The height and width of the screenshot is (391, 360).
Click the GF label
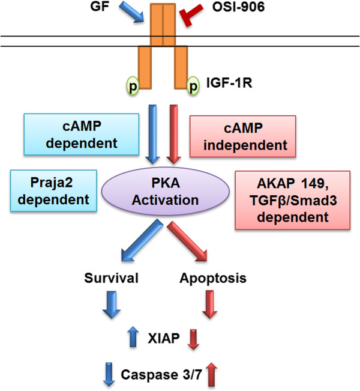click(x=100, y=6)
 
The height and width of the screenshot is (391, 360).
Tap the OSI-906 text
click(x=238, y=7)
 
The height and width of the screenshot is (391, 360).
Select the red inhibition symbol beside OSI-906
click(x=191, y=14)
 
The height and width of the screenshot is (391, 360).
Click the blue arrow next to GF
click(x=131, y=12)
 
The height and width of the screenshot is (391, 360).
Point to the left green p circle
click(x=133, y=85)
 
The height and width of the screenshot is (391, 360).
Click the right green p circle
click(x=193, y=85)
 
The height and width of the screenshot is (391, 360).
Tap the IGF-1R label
click(x=229, y=83)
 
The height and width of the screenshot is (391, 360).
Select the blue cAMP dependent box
click(x=82, y=135)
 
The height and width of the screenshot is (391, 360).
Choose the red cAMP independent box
click(x=243, y=136)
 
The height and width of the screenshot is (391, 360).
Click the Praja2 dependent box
click(x=53, y=191)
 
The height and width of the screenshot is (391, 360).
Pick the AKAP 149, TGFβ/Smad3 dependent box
click(x=293, y=200)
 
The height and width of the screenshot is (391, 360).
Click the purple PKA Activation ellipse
click(x=165, y=191)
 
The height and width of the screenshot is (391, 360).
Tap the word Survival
click(x=111, y=278)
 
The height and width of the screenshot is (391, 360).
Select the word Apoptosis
click(x=213, y=278)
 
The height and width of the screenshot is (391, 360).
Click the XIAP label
click(x=164, y=338)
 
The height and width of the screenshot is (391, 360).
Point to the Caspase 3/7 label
click(x=161, y=375)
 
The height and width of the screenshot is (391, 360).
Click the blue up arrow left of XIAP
click(x=134, y=336)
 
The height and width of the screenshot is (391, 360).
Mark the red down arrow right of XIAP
click(x=194, y=339)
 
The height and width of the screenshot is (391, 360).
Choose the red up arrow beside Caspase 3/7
click(x=212, y=374)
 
